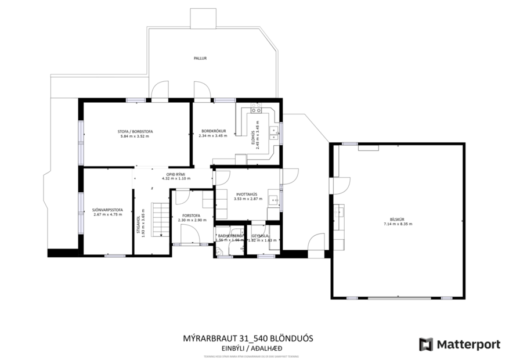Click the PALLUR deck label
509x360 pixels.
(x=200, y=59)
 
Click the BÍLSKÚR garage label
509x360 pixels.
(x=397, y=219)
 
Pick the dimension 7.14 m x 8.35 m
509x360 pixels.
(x=397, y=224)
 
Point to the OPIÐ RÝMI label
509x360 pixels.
(x=176, y=174)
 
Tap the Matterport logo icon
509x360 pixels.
(x=427, y=344)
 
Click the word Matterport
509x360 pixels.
(x=468, y=344)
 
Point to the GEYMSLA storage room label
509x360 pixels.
(x=259, y=235)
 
